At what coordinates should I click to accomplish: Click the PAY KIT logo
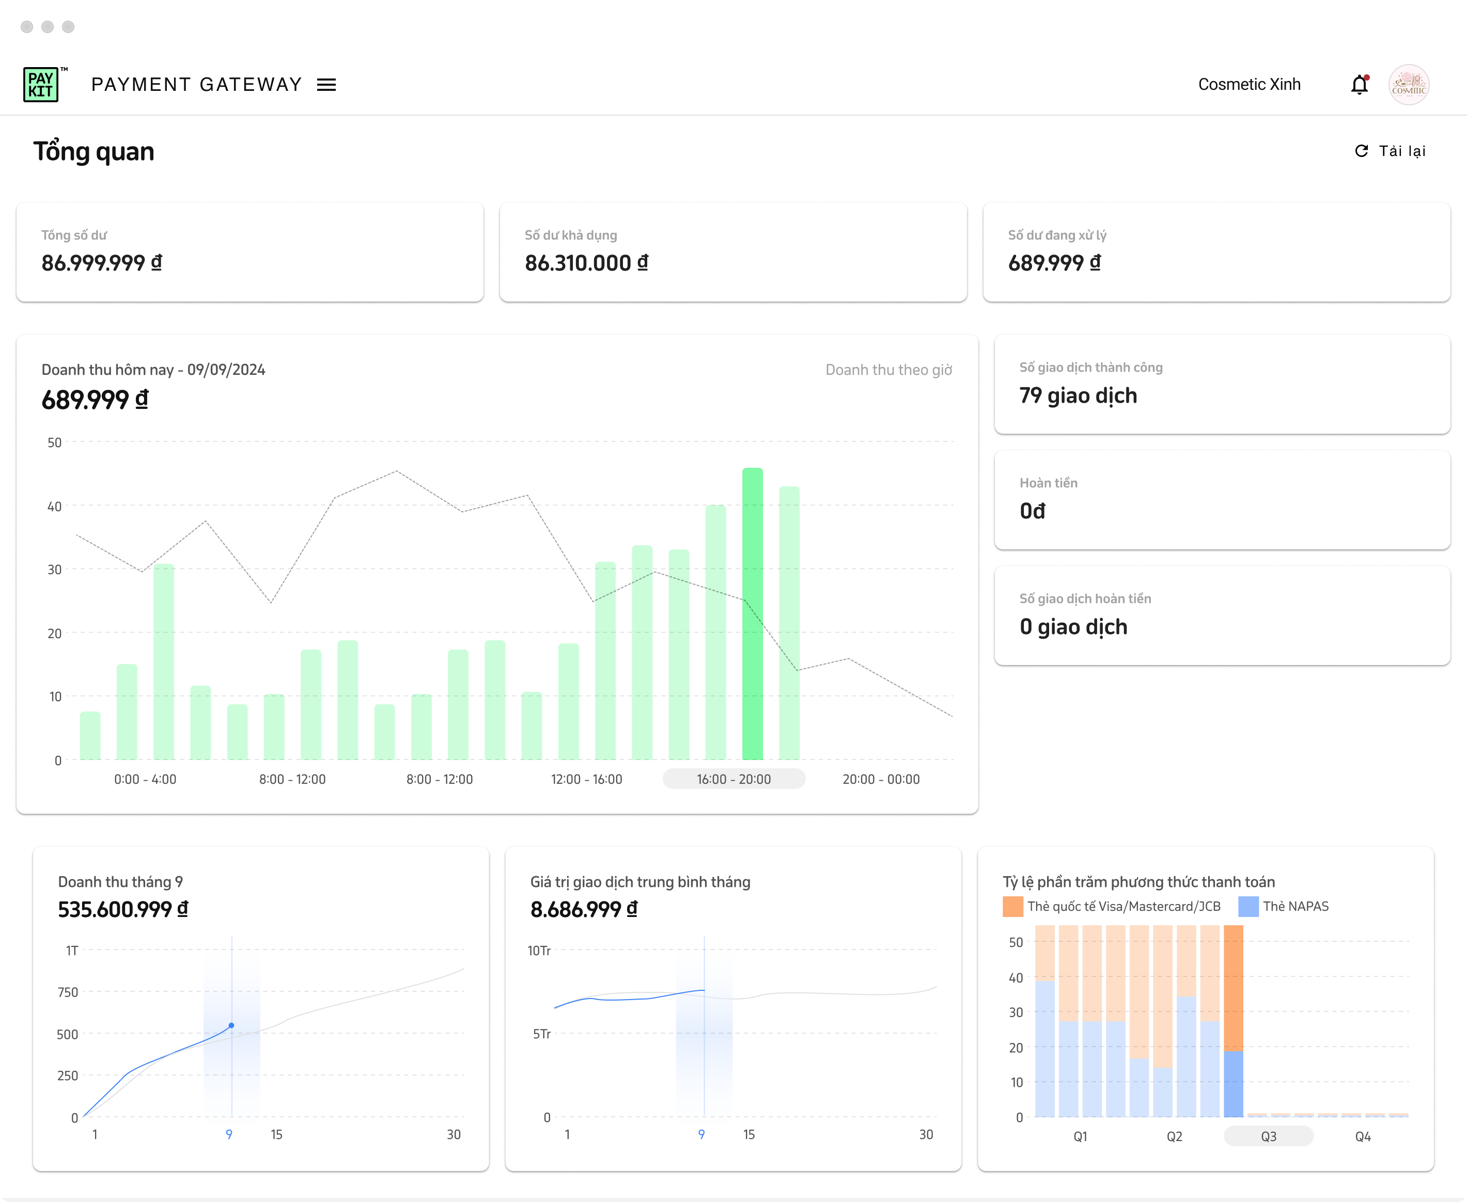[41, 85]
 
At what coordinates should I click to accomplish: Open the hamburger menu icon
[326, 85]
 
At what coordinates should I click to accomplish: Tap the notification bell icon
[1359, 85]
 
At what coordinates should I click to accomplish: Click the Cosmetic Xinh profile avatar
[1408, 85]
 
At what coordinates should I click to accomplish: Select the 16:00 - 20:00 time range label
[733, 779]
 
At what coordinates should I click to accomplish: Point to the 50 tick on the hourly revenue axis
[55, 442]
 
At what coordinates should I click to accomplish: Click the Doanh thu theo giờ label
[888, 370]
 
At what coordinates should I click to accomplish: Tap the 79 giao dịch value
[1078, 396]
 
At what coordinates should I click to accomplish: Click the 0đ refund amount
[1032, 511]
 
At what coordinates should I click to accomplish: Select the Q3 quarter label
[1268, 1136]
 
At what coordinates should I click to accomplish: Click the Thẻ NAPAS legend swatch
[1248, 906]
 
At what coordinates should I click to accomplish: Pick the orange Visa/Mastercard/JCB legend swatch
[1012, 906]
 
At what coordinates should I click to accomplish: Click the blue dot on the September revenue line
[231, 1025]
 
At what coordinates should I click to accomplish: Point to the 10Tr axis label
[539, 951]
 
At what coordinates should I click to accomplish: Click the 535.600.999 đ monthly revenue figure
[122, 909]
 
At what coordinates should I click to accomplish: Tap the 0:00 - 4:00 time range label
[146, 779]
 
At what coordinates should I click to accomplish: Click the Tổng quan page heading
[94, 152]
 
